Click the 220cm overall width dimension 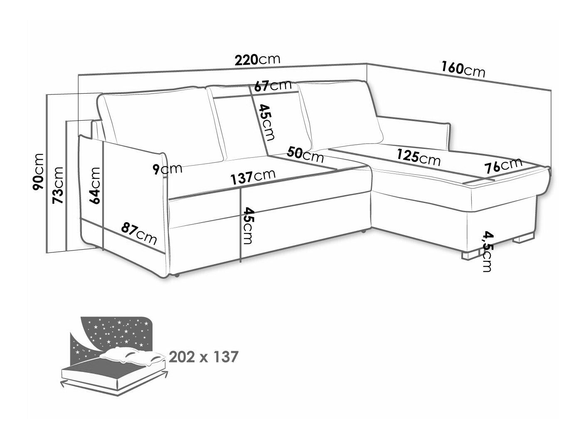tap(257, 59)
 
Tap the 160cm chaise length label tap(463, 70)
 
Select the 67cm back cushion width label tap(273, 85)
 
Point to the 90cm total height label tap(37, 172)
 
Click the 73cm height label tap(58, 185)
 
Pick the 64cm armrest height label tap(95, 186)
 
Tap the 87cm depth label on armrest tap(139, 234)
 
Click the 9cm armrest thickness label tap(167, 169)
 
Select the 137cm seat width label tap(253, 177)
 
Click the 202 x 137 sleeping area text tap(204, 357)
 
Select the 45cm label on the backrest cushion tap(266, 122)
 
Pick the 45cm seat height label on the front tap(248, 225)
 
